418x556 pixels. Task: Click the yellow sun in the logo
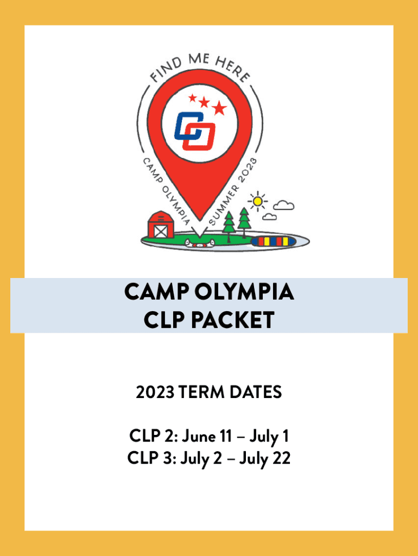(258, 201)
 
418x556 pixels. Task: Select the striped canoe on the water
(273, 242)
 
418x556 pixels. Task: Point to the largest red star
(219, 108)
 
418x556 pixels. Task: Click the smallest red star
(193, 98)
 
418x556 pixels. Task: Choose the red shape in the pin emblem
(199, 136)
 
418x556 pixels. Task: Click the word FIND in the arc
(166, 70)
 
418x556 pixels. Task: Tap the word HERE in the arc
(233, 68)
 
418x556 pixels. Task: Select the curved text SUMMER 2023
(233, 192)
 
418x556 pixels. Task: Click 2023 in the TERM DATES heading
(155, 392)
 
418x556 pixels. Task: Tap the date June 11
(207, 436)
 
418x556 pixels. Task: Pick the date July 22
(265, 458)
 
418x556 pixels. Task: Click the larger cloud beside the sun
(283, 205)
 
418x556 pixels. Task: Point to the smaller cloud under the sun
(269, 217)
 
